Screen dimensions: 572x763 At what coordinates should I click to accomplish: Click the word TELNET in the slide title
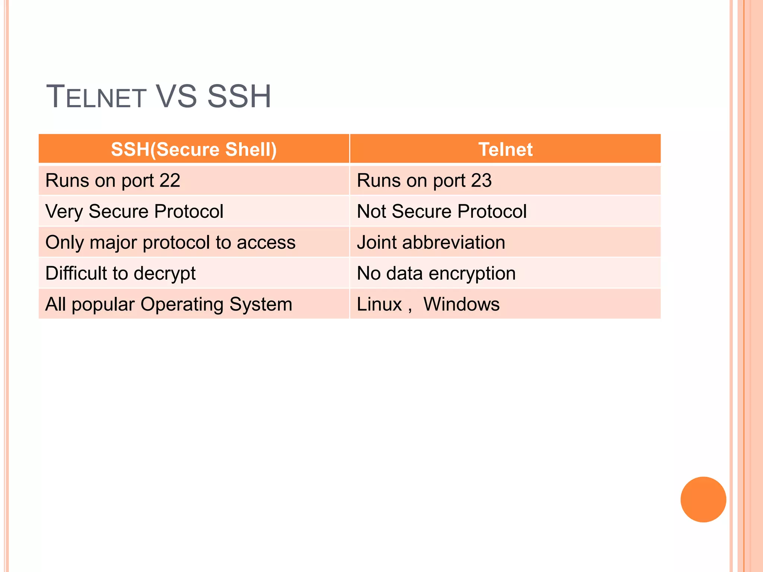pyautogui.click(x=96, y=97)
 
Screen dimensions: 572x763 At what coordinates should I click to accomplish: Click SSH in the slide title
pyautogui.click(x=239, y=97)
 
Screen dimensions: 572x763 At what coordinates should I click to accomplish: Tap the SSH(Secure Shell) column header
pyautogui.click(x=194, y=149)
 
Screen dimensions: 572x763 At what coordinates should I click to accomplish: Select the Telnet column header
pyautogui.click(x=505, y=149)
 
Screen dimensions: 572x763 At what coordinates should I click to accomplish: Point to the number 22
pyautogui.click(x=170, y=181)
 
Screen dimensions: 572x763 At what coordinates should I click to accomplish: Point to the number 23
pyautogui.click(x=481, y=181)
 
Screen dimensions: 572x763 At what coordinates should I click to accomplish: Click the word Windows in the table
pyautogui.click(x=461, y=304)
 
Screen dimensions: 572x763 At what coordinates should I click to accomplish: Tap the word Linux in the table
pyautogui.click(x=379, y=304)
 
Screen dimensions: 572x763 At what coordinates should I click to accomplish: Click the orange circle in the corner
pyautogui.click(x=703, y=499)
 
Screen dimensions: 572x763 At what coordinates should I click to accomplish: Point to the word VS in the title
pyautogui.click(x=176, y=97)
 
